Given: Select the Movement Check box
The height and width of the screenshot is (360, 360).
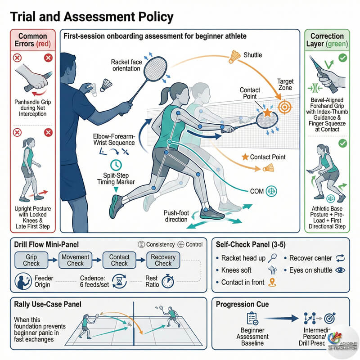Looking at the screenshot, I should [x=76, y=260].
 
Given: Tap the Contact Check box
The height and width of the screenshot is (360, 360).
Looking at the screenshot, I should [x=119, y=260].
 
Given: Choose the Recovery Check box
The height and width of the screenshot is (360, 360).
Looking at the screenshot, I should [x=163, y=260].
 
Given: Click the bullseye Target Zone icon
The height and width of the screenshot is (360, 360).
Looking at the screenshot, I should [x=284, y=107].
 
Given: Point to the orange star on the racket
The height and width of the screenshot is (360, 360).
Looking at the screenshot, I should [x=267, y=113].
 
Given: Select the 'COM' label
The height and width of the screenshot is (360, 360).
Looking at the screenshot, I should [x=255, y=190].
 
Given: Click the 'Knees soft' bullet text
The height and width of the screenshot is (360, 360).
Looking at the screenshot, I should [x=237, y=270].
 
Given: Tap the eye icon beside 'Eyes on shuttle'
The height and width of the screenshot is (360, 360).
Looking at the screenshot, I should [x=340, y=270].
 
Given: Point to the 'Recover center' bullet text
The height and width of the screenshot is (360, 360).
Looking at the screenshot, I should [x=310, y=258].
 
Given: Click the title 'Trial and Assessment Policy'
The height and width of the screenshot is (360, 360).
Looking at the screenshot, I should [x=92, y=17].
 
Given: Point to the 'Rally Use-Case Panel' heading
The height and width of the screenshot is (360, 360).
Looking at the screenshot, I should [x=48, y=304].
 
